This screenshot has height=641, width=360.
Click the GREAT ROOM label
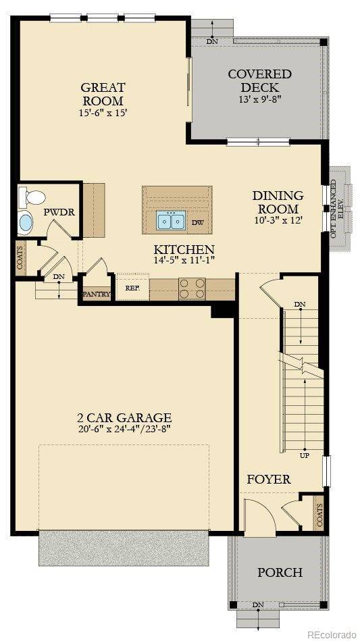pyautogui.click(x=103, y=94)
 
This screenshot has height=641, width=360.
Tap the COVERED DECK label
pyautogui.click(x=259, y=80)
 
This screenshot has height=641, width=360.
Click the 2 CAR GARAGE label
pyautogui.click(x=124, y=417)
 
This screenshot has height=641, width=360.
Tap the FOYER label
pyautogui.click(x=268, y=480)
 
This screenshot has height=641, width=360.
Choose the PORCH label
pyautogui.click(x=280, y=572)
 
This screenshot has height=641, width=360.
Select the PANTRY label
pyautogui.click(x=96, y=294)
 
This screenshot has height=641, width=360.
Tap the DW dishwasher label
pyautogui.click(x=197, y=222)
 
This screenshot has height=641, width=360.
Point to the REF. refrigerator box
pyautogui.click(x=132, y=287)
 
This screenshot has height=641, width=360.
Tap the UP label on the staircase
pyautogui.click(x=305, y=456)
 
